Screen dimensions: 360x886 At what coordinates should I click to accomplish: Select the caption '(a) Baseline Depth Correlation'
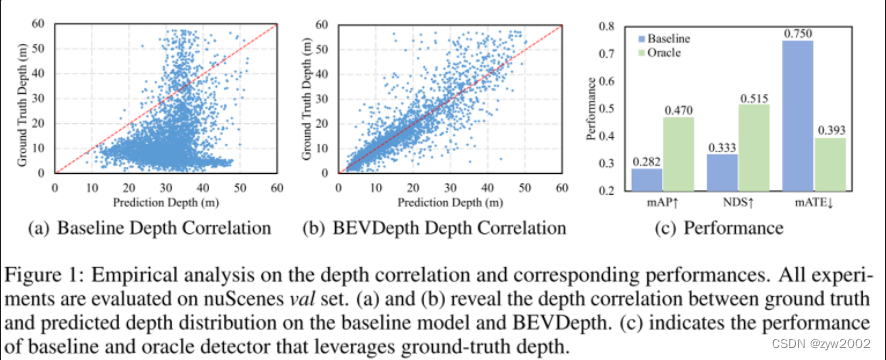[x=164, y=228]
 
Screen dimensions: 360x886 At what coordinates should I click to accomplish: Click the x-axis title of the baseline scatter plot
[x=166, y=200]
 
